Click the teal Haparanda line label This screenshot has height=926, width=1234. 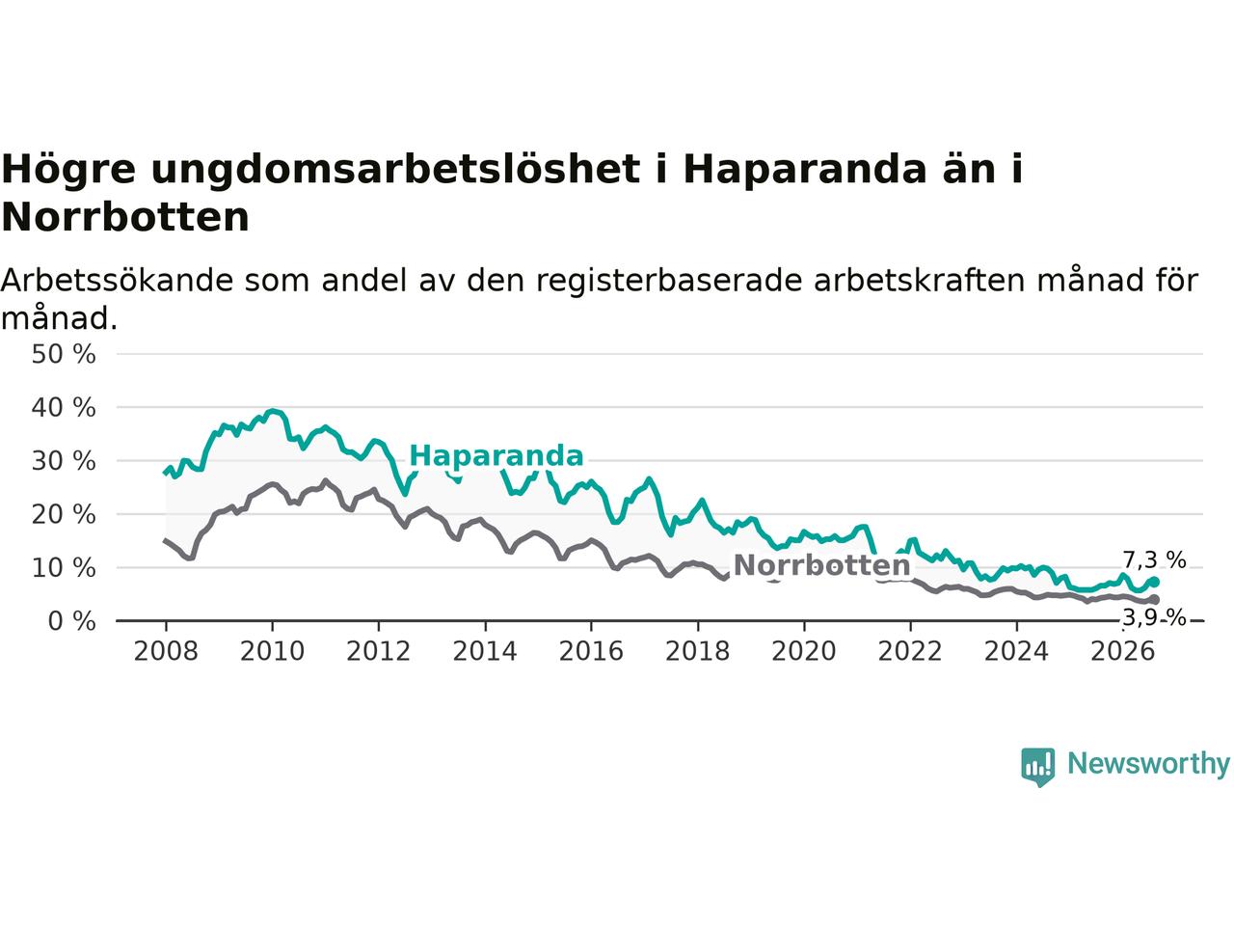(496, 455)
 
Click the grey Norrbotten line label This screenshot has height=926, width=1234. (821, 565)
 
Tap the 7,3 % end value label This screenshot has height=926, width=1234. (1154, 560)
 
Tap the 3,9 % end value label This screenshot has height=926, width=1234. (1154, 618)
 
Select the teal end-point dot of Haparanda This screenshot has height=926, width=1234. (1154, 582)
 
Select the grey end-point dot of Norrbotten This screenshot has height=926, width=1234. (1154, 600)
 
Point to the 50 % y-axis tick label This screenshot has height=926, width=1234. (64, 355)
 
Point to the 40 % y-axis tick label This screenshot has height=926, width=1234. (64, 408)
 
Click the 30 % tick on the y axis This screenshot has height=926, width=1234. (64, 462)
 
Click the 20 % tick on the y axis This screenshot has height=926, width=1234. (64, 515)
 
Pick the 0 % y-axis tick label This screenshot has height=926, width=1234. (71, 622)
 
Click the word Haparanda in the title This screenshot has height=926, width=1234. (804, 170)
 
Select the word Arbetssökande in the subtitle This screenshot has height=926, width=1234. (117, 281)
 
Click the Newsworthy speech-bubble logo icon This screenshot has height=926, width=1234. (1037, 767)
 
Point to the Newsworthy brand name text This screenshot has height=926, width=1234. (1148, 765)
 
